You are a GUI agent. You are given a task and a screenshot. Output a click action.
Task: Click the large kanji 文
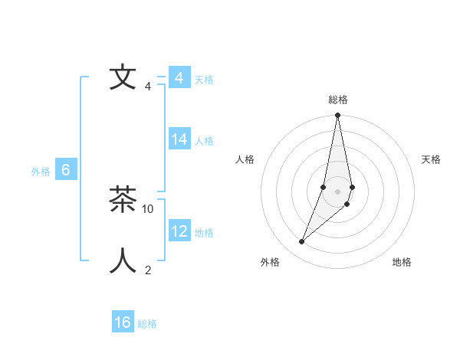pos(123,77)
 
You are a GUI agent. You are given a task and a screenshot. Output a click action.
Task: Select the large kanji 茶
pos(123,201)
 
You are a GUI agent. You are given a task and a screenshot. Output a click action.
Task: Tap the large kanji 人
pos(123,260)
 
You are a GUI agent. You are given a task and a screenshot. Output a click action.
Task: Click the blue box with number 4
pos(179,78)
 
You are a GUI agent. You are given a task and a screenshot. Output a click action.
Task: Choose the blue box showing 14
pos(179,139)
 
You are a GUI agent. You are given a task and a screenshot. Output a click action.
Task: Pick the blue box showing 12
pos(179,231)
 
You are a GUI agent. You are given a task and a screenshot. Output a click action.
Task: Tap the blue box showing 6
pos(66,170)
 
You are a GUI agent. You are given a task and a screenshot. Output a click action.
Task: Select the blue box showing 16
pos(123,322)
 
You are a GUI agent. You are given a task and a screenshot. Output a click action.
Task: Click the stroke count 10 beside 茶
pos(149,208)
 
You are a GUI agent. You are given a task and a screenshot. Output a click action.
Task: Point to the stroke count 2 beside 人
pos(148,270)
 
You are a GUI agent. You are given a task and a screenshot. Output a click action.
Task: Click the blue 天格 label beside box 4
pos(204,80)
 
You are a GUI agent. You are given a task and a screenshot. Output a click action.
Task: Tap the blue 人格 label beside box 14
pos(204,141)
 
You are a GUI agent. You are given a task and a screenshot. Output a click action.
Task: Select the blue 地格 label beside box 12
pos(204,233)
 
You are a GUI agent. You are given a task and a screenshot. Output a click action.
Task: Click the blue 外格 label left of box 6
pos(41,172)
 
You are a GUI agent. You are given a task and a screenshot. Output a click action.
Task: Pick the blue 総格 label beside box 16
pos(147,324)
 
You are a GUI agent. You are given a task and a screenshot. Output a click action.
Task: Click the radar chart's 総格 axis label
pos(338,100)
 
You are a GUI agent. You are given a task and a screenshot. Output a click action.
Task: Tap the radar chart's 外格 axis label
pos(270,262)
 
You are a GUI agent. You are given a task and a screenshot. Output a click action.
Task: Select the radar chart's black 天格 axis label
pos(432,159)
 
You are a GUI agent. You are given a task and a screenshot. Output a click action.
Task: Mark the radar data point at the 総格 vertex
pos(338,116)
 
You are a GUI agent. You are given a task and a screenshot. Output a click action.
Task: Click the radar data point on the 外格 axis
pos(302,242)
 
